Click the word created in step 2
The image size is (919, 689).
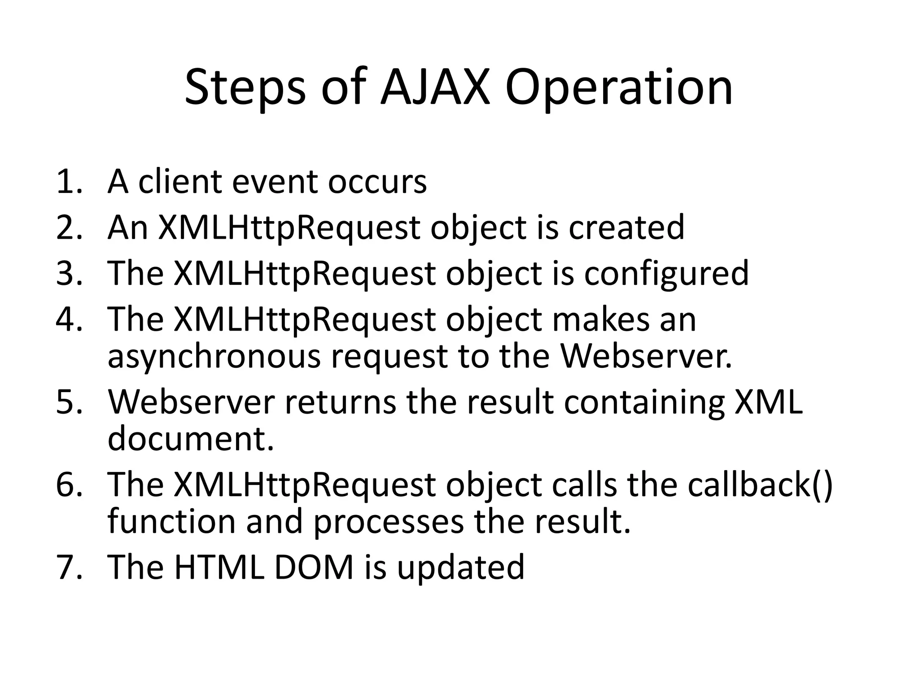pos(626,227)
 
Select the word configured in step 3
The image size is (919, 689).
pos(666,273)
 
